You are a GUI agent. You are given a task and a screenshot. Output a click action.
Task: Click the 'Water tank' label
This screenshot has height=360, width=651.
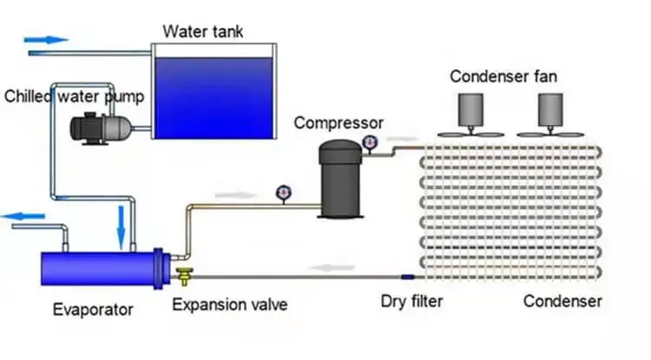[203, 33]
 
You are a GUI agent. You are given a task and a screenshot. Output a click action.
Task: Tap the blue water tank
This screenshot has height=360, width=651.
[214, 95]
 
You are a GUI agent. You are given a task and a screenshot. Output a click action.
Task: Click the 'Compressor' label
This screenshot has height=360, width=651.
[338, 122]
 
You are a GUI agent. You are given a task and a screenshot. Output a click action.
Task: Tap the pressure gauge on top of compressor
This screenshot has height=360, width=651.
[371, 141]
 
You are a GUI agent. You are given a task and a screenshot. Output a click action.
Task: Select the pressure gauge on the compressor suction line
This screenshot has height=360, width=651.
[282, 192]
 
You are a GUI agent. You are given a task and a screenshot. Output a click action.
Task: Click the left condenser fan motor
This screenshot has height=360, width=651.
[472, 109]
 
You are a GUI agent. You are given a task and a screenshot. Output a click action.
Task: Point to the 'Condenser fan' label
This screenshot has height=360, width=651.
[503, 76]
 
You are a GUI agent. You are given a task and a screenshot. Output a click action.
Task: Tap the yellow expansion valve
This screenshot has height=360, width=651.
[185, 277]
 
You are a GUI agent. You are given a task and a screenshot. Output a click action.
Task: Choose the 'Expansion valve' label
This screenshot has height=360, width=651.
[229, 304]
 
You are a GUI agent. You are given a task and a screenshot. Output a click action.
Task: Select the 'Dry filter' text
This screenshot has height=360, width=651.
[412, 302]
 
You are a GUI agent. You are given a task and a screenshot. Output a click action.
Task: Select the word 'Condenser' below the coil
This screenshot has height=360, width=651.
[562, 302]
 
